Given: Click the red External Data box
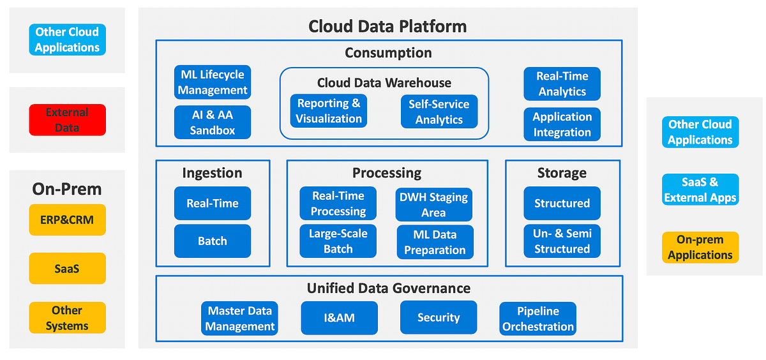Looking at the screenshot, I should (67, 120).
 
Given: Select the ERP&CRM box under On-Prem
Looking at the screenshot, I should (67, 220).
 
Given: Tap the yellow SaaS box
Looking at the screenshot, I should (67, 269).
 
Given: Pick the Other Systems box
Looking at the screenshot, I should (67, 318).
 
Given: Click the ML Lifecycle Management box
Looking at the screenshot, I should (213, 83).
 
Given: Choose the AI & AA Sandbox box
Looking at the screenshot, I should (213, 123).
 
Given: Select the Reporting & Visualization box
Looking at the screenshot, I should (329, 111).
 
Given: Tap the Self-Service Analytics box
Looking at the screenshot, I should (439, 112).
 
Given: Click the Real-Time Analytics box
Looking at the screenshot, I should (562, 84).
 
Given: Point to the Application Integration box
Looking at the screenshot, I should (562, 124).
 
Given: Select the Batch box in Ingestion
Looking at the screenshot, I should (213, 241).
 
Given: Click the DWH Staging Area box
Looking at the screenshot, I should (434, 204).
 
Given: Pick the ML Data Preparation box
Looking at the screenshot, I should (435, 242).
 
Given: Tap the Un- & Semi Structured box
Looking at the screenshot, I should (562, 241).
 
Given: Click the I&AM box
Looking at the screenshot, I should (339, 318).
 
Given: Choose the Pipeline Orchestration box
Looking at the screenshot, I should (537, 319).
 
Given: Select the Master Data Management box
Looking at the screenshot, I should (239, 319).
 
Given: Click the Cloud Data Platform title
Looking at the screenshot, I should (387, 26).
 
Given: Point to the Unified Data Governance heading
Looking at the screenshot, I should (389, 289).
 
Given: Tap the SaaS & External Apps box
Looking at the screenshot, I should (700, 190).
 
